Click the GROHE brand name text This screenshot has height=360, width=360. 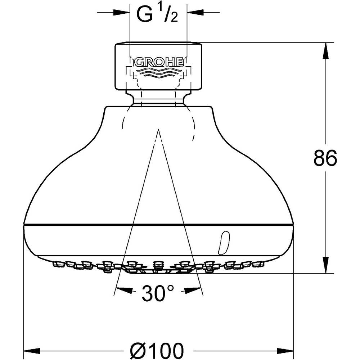159,62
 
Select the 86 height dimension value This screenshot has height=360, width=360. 325,158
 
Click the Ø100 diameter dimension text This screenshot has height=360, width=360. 157,351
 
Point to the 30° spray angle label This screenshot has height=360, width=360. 158,293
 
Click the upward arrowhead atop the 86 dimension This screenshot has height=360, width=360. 325,51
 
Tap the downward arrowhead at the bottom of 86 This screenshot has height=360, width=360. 325,265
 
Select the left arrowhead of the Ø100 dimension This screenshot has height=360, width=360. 32,351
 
